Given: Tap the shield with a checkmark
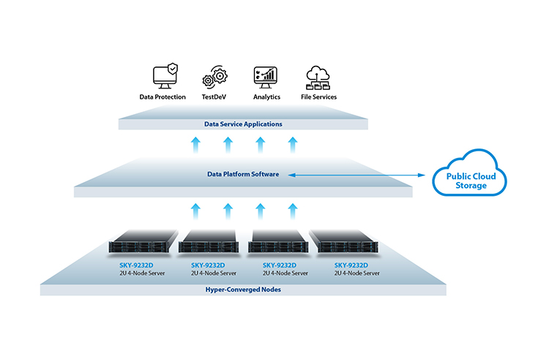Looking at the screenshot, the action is click(x=172, y=69).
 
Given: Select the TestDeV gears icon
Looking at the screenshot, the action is click(x=214, y=76).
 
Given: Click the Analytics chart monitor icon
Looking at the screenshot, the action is click(x=266, y=77).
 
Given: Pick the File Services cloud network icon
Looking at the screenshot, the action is click(x=318, y=77).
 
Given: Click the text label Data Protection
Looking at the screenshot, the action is click(x=163, y=97).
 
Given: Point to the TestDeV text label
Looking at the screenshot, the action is click(x=214, y=97).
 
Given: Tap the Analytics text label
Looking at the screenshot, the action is click(x=266, y=97).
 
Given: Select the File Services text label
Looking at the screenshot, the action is click(x=318, y=97).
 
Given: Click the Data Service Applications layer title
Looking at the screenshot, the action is click(x=243, y=124).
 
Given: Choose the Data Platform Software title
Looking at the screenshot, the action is click(x=243, y=174).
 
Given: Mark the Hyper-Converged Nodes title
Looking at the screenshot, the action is click(x=243, y=289).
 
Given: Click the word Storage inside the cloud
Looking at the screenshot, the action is click(x=471, y=186).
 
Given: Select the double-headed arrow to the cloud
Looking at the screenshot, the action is click(x=356, y=175).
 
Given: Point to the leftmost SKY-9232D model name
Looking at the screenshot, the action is click(x=136, y=265).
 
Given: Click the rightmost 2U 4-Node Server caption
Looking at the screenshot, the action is click(x=356, y=273).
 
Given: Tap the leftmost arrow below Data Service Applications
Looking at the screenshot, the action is click(x=195, y=145).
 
